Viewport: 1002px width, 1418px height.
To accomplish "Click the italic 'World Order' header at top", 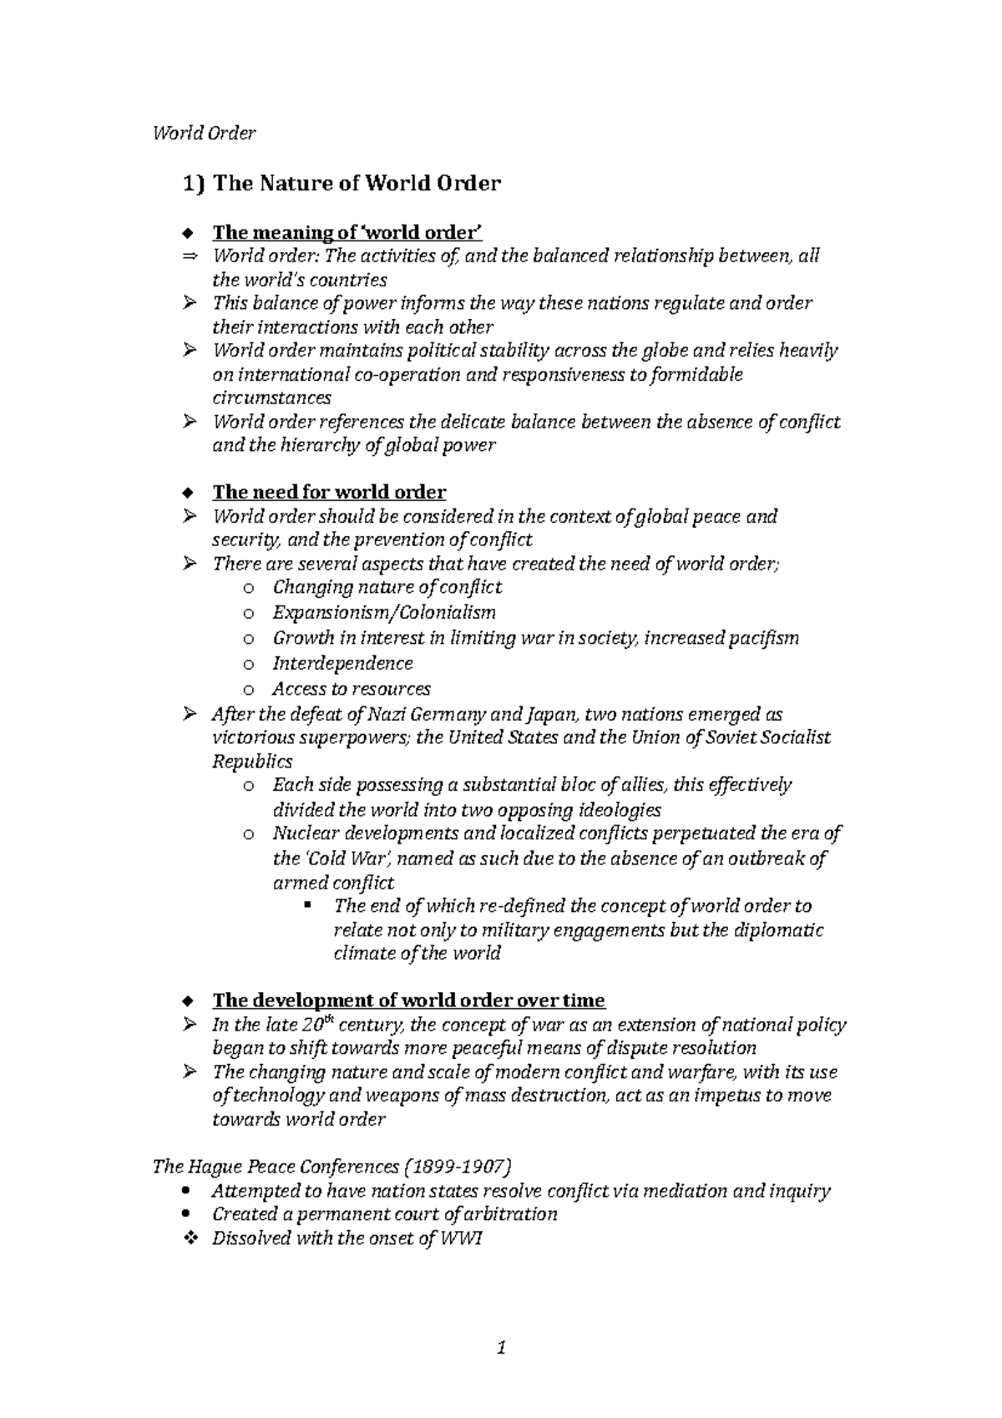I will [204, 134].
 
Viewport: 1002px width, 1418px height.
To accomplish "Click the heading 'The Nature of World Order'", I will [357, 183].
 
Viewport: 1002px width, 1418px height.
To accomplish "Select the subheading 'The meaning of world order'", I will [347, 232].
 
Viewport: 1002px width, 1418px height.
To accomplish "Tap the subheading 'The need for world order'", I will [329, 492].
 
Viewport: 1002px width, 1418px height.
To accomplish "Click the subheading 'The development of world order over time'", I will [408, 1000].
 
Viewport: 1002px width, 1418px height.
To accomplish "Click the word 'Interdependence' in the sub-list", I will [342, 663].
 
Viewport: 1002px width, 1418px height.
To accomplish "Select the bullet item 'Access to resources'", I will [352, 689].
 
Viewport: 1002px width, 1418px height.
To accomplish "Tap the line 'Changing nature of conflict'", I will [387, 587].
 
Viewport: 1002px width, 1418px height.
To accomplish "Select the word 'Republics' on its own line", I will [252, 762].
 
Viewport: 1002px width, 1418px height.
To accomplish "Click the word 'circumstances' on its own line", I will [272, 398].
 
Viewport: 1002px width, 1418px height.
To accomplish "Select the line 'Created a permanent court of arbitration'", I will [385, 1214].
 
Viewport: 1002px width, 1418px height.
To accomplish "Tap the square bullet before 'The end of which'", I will [309, 905].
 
